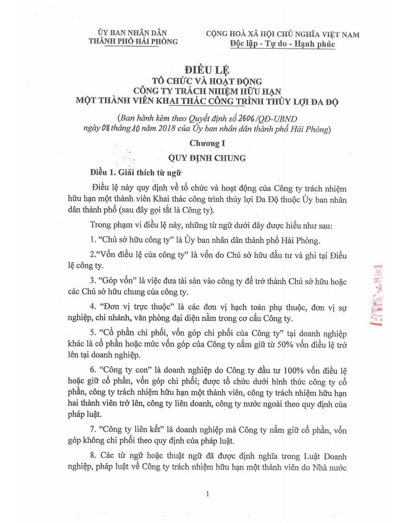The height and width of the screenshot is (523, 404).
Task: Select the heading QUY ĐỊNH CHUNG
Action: click(207, 158)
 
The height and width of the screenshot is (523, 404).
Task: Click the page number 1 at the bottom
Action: click(208, 494)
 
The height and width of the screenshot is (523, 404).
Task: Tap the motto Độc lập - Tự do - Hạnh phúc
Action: click(282, 44)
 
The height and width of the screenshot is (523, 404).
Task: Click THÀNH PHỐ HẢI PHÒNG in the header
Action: click(133, 42)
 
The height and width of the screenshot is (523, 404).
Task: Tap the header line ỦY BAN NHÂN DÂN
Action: click(132, 33)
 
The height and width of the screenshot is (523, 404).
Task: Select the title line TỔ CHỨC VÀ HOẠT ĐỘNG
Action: click(207, 82)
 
